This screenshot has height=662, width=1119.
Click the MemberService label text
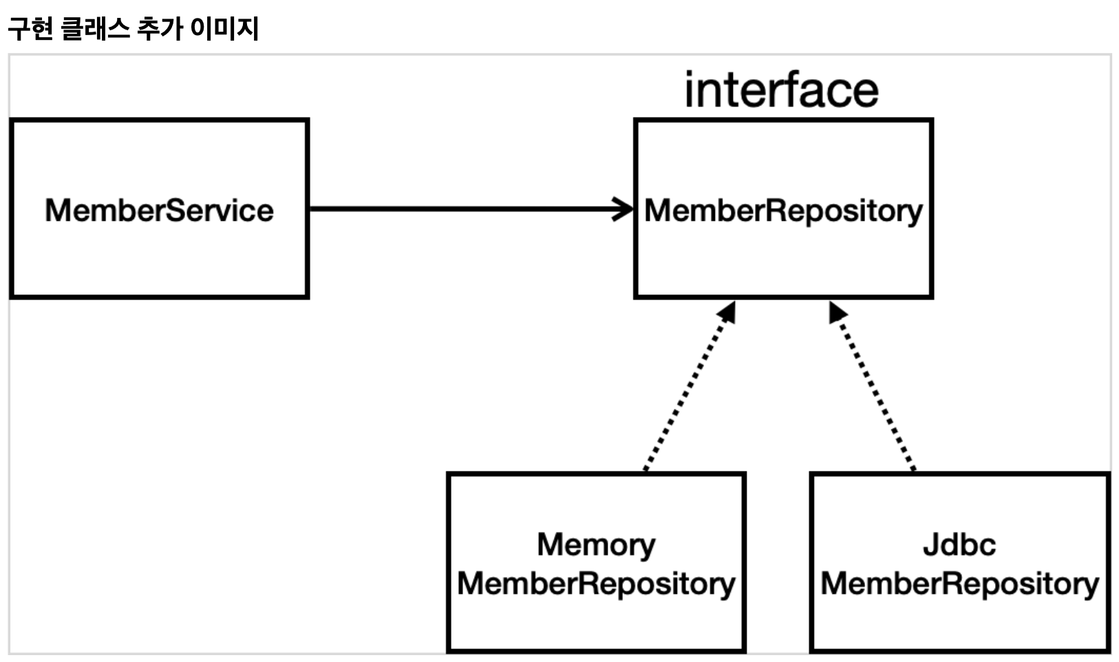[160, 211]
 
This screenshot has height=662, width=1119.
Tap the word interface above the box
[781, 90]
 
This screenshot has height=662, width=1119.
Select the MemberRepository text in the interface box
[783, 211]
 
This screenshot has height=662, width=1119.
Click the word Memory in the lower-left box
[596, 545]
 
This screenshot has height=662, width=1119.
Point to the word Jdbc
[959, 544]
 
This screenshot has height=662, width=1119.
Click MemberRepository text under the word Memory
[596, 584]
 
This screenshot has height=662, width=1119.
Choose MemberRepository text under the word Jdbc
[959, 584]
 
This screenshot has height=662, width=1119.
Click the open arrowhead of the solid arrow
[624, 209]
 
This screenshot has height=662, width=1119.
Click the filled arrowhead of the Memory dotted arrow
[727, 312]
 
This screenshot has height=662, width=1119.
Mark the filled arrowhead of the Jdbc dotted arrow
[838, 312]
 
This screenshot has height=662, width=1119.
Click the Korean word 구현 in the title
[30, 28]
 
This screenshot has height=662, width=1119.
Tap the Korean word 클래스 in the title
[95, 28]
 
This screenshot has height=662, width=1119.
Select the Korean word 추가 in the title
[160, 28]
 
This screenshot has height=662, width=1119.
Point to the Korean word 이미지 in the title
[225, 28]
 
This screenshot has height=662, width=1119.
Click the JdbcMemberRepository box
[959, 562]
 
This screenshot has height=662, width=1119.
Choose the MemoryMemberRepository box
[597, 562]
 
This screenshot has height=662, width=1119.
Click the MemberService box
[160, 209]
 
